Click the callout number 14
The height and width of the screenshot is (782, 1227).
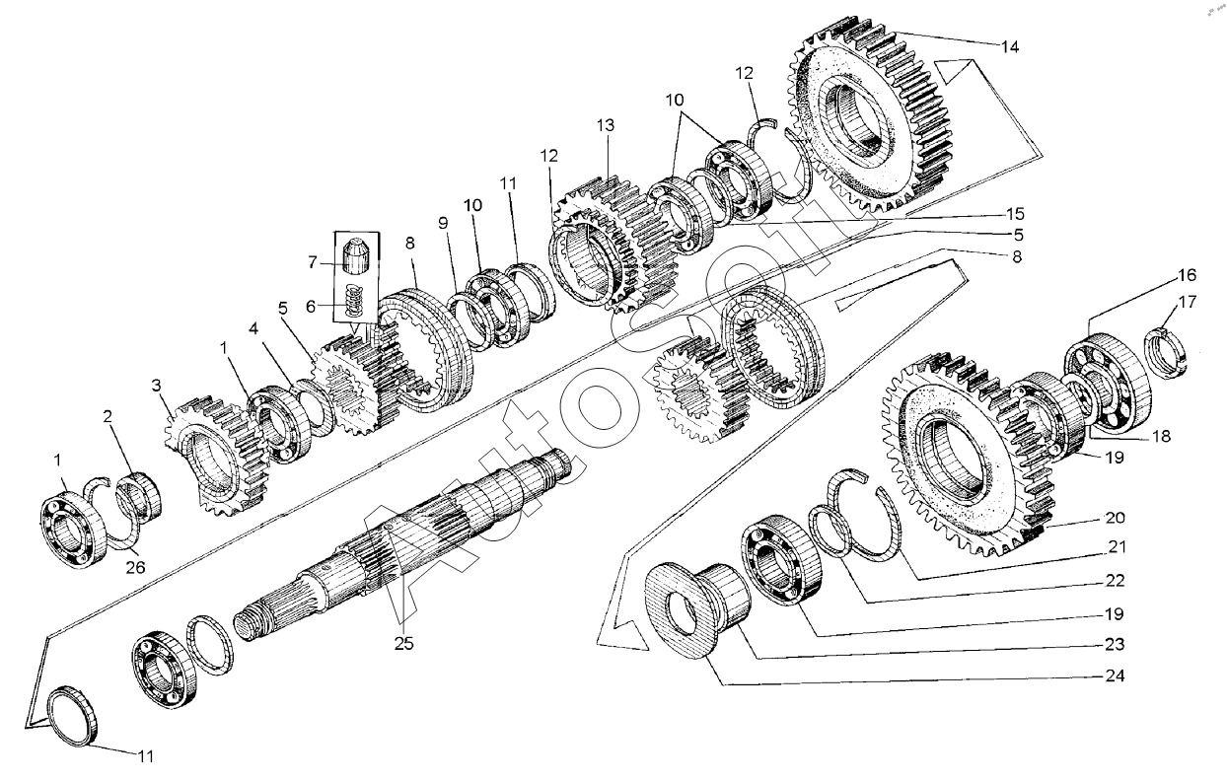click(x=1009, y=46)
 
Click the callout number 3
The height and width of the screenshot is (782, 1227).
click(x=156, y=385)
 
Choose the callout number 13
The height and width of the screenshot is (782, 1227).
click(x=605, y=125)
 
